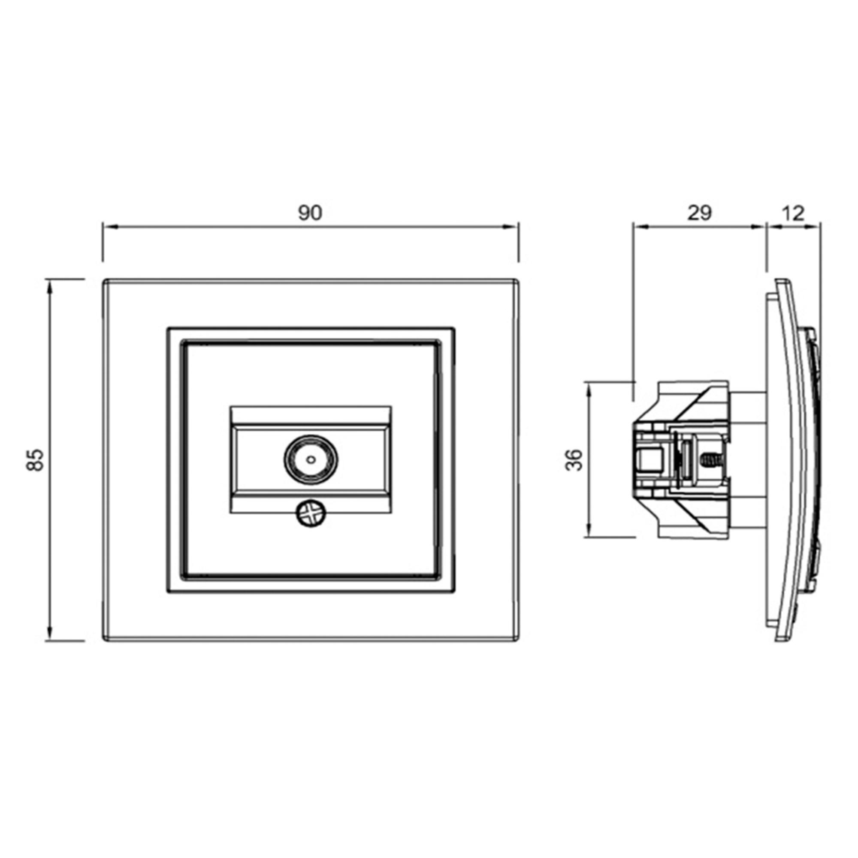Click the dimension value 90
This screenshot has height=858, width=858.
point(310,213)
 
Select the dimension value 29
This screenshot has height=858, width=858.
point(699,213)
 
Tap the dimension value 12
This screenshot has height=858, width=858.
point(793,214)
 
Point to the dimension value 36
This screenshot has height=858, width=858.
point(574,460)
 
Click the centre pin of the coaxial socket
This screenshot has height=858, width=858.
point(311,459)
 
